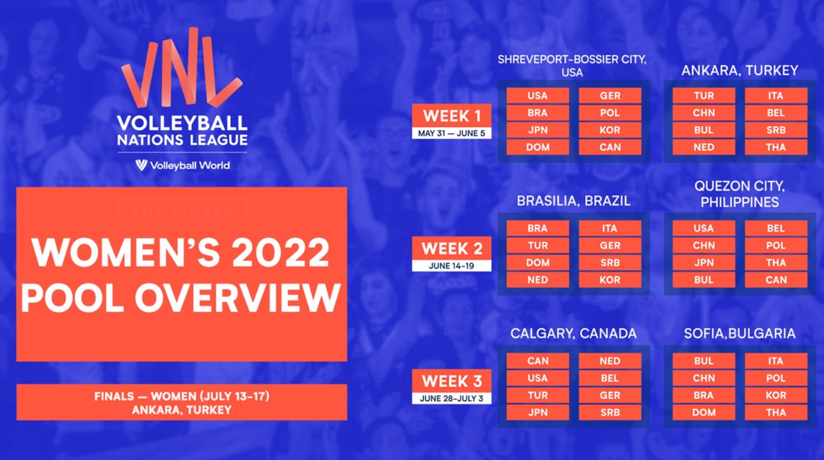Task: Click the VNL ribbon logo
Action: (182, 68)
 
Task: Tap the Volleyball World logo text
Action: (189, 166)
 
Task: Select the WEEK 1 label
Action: (452, 116)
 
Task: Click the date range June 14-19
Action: (451, 265)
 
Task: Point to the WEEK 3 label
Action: (452, 381)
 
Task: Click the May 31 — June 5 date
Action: (451, 133)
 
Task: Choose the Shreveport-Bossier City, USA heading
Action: (572, 66)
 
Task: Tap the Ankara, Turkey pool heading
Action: (740, 70)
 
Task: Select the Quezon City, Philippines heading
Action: (740, 194)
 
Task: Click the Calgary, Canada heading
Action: (573, 333)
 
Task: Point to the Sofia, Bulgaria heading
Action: (740, 333)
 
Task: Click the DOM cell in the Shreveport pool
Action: (537, 147)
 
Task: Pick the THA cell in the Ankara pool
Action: (776, 147)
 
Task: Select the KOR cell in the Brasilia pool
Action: (610, 280)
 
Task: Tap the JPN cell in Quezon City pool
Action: (704, 262)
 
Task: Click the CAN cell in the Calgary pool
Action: (537, 360)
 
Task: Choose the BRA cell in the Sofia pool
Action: (704, 395)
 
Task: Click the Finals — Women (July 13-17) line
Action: (182, 396)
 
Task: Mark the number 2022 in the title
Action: (280, 253)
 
